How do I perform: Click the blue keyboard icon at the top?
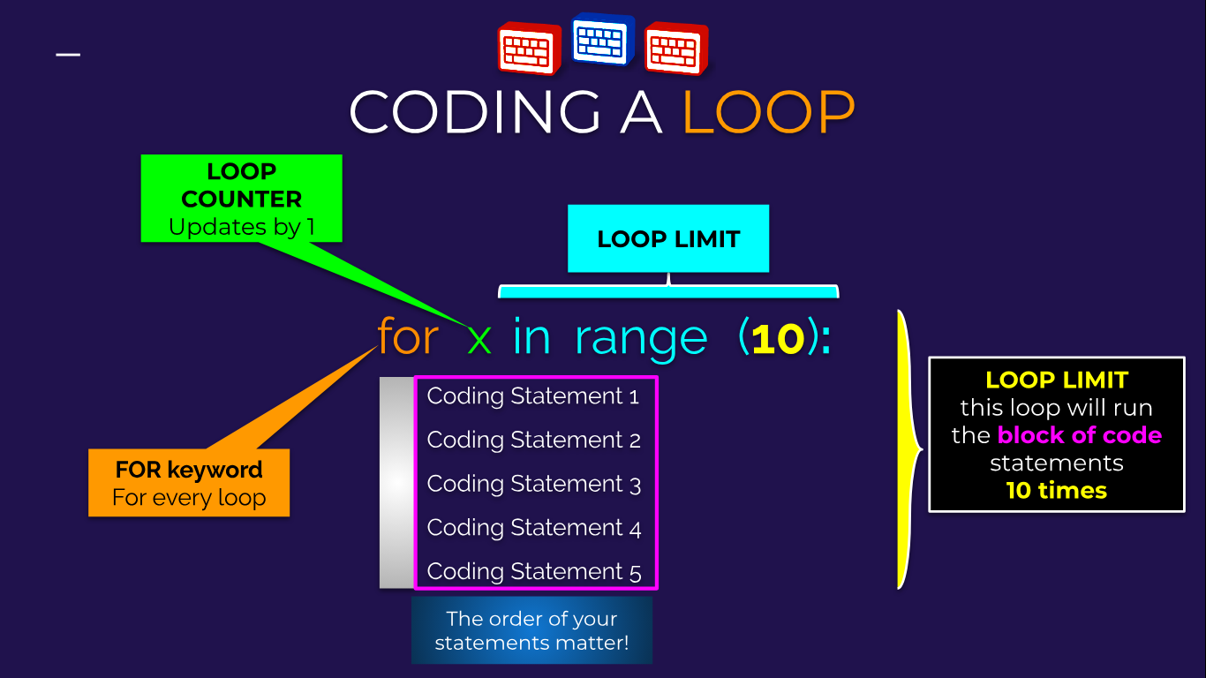(603, 40)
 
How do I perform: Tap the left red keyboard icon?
(530, 49)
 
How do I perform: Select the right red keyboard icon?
(676, 49)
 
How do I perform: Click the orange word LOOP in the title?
(769, 112)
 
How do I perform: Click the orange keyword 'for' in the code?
(408, 337)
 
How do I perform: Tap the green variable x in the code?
(479, 338)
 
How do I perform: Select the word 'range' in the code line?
(641, 339)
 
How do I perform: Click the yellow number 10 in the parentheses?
(778, 338)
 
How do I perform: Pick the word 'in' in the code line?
(531, 337)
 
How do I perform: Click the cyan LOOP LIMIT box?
(668, 238)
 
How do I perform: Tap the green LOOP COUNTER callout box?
(241, 199)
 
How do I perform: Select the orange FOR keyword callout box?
(189, 483)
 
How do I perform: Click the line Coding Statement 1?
(533, 396)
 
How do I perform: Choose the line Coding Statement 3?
(533, 484)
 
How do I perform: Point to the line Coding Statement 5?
(533, 571)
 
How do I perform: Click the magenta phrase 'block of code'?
(1079, 435)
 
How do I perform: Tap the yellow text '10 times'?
(1056, 490)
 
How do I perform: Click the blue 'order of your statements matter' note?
(531, 630)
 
